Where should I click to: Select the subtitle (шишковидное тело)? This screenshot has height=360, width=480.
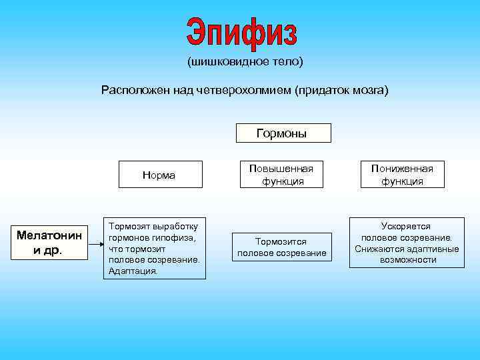tap(245, 62)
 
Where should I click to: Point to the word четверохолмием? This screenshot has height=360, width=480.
tap(242, 89)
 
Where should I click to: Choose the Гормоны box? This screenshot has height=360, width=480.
tap(283, 133)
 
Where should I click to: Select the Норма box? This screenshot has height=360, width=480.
tap(159, 175)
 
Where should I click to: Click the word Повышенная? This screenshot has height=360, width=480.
tap(281, 169)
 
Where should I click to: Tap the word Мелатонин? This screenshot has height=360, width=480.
tap(49, 235)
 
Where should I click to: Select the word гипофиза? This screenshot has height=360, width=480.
tap(173, 237)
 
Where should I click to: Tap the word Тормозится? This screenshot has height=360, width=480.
tap(281, 241)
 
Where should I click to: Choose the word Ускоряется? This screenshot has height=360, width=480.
tap(406, 226)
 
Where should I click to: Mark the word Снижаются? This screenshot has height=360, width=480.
tap(383, 249)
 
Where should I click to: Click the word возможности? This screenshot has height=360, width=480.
tap(407, 260)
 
